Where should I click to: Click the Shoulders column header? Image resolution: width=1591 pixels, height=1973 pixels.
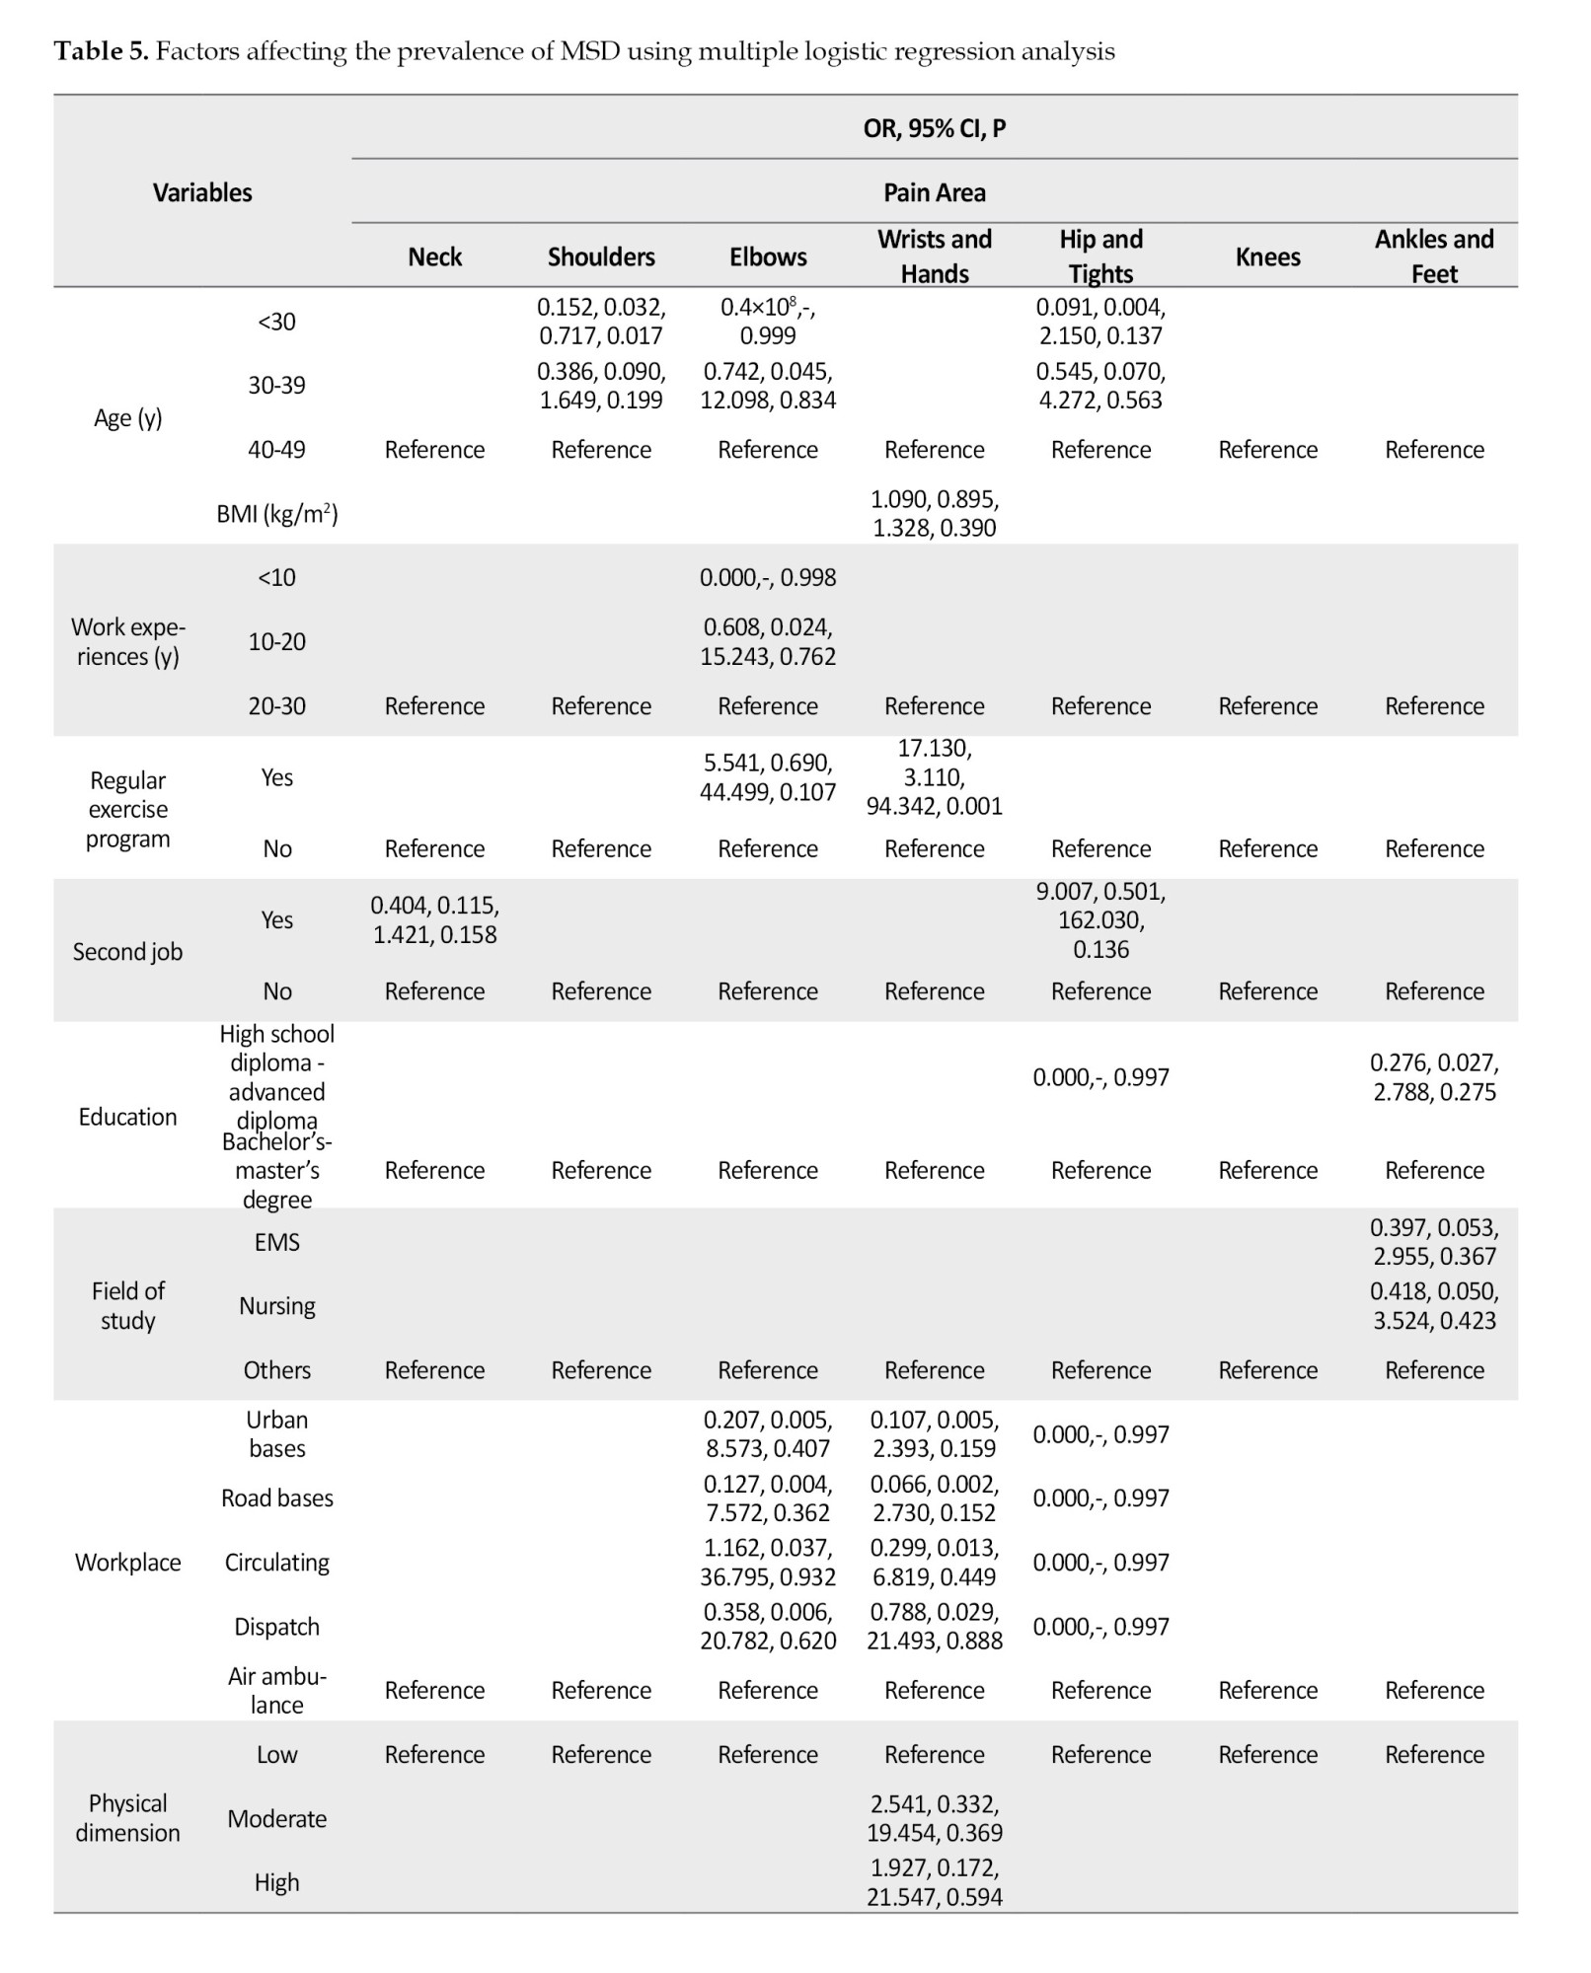(x=601, y=256)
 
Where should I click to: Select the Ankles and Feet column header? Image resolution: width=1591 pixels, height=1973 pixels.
(x=1433, y=256)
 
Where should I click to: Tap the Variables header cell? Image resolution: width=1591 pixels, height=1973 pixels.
(x=202, y=192)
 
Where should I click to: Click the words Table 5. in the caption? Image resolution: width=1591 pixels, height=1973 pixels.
(x=101, y=51)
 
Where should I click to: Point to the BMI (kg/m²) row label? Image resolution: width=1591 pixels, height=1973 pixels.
(x=277, y=513)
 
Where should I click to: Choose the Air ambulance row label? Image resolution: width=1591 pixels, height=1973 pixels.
(x=277, y=1690)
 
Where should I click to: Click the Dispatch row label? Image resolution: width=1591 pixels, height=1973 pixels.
(x=277, y=1626)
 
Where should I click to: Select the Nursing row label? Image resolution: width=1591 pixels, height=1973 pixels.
(x=277, y=1305)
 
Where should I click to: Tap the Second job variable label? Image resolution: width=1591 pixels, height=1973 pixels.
(x=127, y=952)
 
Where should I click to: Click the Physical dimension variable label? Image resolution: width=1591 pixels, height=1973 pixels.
(x=127, y=1817)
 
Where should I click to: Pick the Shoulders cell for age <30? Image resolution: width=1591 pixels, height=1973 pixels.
(x=601, y=322)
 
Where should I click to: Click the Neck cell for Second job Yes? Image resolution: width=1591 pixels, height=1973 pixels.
(x=434, y=919)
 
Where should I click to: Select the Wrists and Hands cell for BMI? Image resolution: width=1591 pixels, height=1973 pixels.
(x=934, y=513)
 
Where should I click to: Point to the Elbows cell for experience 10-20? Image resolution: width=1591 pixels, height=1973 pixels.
(x=768, y=641)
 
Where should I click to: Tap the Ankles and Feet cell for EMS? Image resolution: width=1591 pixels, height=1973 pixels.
(x=1433, y=1241)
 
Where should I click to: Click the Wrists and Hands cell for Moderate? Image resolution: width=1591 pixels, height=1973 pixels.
(x=934, y=1817)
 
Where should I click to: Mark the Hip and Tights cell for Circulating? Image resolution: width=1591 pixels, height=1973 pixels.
(x=1100, y=1562)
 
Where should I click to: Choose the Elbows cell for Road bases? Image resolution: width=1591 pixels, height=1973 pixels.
(x=768, y=1498)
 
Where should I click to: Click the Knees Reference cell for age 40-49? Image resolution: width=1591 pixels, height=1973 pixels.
(x=1267, y=450)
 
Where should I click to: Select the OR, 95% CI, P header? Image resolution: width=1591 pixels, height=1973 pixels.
(x=934, y=128)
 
